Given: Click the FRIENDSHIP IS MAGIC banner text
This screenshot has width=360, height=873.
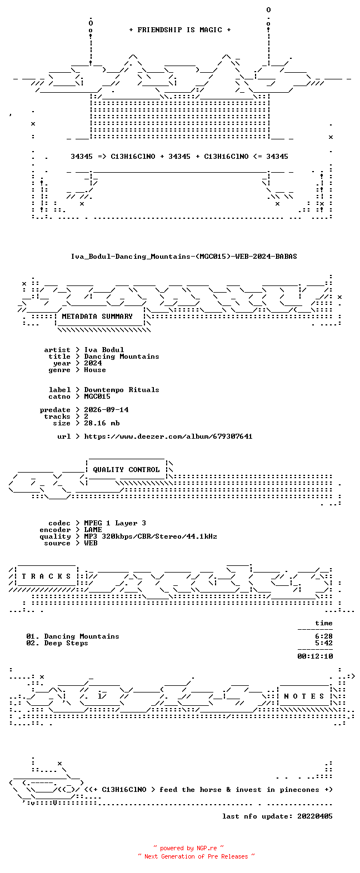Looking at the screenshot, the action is (x=180, y=30).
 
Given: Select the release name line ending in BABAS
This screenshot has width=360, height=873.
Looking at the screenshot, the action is (x=184, y=257).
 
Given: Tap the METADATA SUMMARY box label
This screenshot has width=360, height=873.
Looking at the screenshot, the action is (x=97, y=317).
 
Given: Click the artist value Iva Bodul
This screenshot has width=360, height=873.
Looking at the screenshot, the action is (x=104, y=350).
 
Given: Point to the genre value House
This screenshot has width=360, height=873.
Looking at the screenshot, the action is (x=95, y=370).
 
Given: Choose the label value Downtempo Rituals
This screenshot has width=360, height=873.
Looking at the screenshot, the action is (x=122, y=390).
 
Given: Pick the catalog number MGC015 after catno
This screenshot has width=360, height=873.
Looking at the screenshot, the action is (x=97, y=397).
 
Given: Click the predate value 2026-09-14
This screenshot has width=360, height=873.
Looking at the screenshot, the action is (x=106, y=410).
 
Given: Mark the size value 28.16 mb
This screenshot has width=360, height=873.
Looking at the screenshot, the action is (x=102, y=423).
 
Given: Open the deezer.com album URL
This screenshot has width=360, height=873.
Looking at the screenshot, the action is (x=168, y=436).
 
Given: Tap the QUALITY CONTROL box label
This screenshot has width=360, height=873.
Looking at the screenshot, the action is (x=126, y=470).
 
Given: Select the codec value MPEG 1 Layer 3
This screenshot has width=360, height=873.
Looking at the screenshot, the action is (x=115, y=523).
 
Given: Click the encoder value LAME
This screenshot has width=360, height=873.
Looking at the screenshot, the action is (x=93, y=530).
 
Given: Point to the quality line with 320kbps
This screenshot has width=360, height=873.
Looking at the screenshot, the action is (x=151, y=536).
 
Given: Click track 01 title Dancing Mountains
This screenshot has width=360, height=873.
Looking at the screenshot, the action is (x=82, y=636).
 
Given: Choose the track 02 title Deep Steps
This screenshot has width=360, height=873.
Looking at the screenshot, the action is (x=66, y=643).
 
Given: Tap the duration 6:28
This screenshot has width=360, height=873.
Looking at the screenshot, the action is (x=324, y=636).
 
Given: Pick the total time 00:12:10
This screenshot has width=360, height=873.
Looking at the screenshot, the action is (x=315, y=656).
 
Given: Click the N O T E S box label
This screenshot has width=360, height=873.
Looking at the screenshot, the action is (x=304, y=696).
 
